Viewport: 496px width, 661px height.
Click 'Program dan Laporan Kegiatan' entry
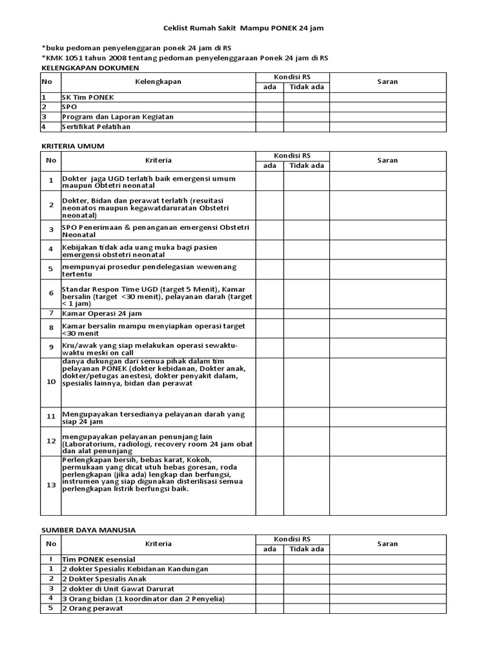[118, 117]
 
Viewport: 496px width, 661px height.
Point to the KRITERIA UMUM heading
[72, 146]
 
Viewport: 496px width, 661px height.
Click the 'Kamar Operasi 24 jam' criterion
[102, 313]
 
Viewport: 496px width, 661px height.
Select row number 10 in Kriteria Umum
[51, 381]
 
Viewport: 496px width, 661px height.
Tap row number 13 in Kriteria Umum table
[51, 485]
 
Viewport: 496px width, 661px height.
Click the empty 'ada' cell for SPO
[269, 107]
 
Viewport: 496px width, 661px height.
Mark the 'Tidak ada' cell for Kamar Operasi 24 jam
[306, 313]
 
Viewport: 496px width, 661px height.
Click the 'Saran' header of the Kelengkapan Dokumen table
[387, 82]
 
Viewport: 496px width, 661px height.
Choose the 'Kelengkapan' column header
[158, 82]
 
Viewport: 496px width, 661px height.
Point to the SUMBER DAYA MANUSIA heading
[88, 529]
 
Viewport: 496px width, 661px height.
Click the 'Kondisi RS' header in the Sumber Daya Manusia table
[292, 539]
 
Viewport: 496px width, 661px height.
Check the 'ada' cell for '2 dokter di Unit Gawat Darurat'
[269, 589]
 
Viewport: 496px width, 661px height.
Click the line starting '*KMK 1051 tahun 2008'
[185, 57]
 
